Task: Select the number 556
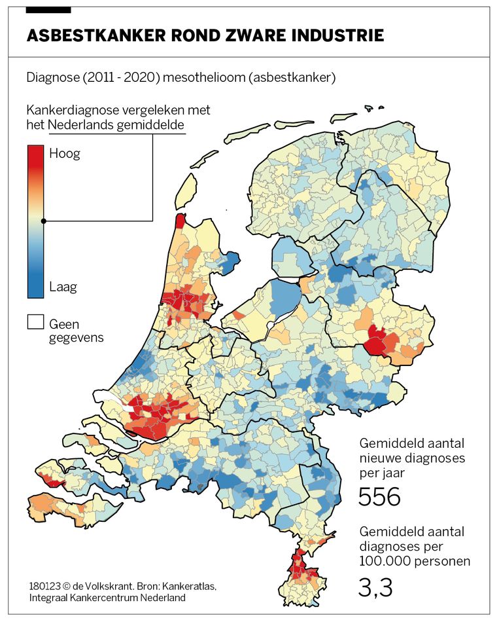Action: [379, 497]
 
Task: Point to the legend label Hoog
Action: [65, 154]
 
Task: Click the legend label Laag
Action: [63, 287]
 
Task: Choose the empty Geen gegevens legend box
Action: [35, 323]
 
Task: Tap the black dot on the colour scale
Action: [43, 221]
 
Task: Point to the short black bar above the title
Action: [48, 10]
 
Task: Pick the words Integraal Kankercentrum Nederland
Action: [107, 598]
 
